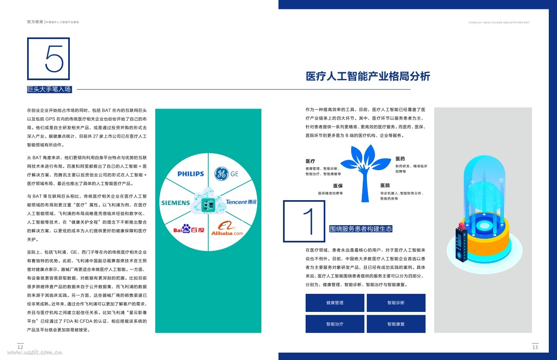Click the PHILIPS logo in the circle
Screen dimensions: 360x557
click(191, 174)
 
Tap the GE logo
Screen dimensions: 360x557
click(226, 174)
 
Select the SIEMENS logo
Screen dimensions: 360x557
click(175, 203)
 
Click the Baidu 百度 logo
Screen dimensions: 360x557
click(189, 229)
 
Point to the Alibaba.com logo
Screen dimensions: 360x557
click(227, 229)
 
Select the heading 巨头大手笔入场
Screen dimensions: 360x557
click(49, 89)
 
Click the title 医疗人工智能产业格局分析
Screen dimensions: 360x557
click(368, 77)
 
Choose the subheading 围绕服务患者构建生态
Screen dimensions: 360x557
click(361, 229)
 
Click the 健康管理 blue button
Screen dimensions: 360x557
click(335, 303)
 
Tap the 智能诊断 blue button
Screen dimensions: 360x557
click(396, 303)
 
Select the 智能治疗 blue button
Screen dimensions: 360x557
click(335, 324)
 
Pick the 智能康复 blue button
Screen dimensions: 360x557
click(396, 324)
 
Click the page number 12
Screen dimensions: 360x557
click(20, 347)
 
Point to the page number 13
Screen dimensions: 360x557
click(535, 347)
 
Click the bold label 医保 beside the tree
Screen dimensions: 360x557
click(338, 186)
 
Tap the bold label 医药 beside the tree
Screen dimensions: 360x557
click(400, 159)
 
